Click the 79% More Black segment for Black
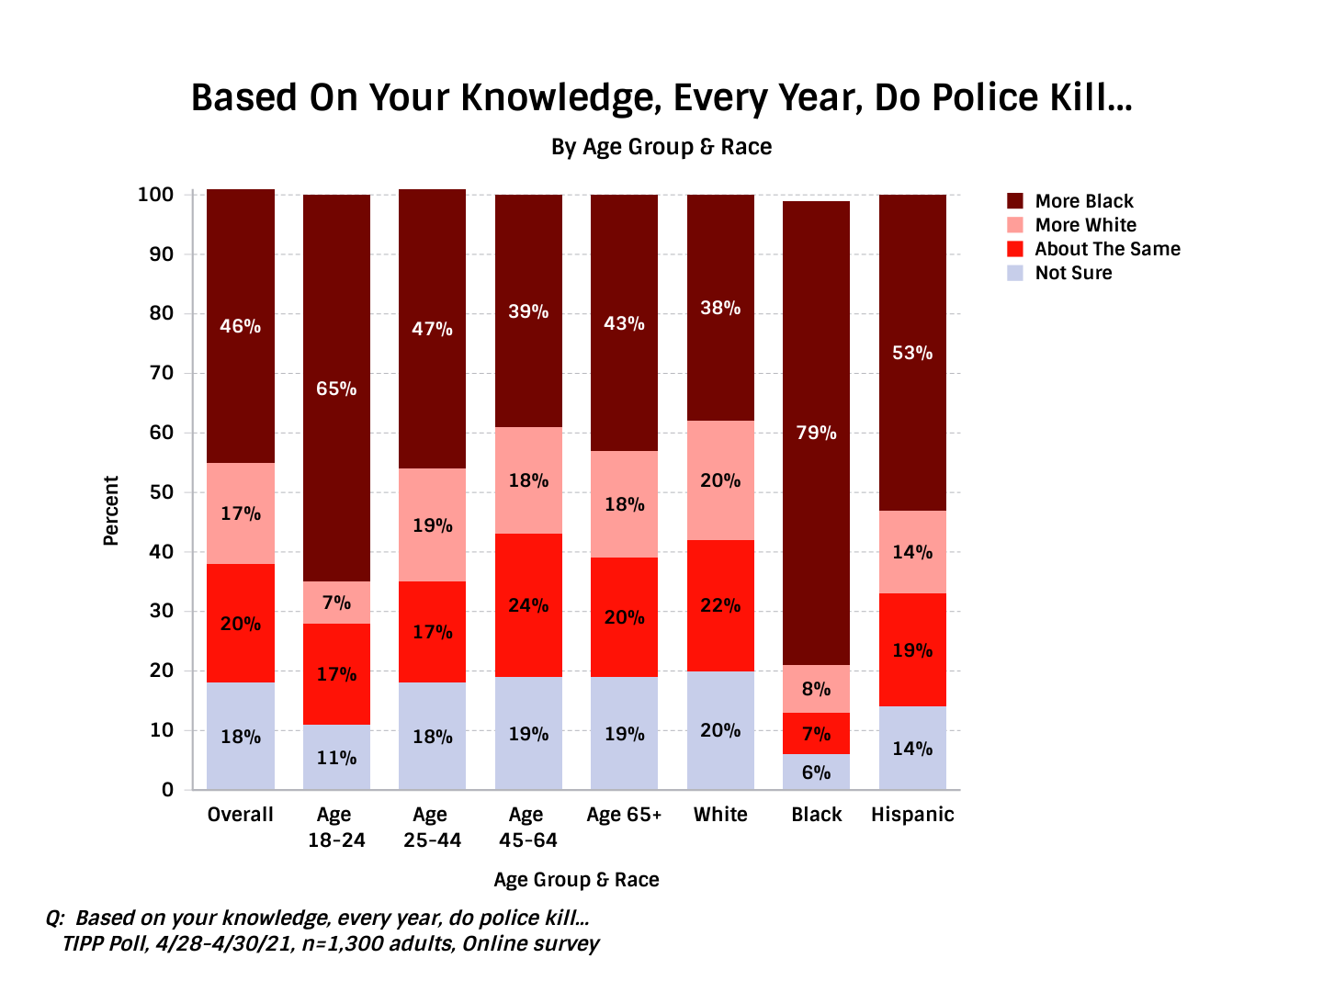[x=816, y=433]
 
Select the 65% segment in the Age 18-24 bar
[x=336, y=389]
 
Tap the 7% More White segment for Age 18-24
[x=336, y=603]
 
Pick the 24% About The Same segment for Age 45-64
[x=528, y=605]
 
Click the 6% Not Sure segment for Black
[x=816, y=772]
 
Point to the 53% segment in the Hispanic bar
[x=912, y=353]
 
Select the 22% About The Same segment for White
[x=720, y=605]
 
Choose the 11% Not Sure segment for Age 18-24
[x=336, y=758]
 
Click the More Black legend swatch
[x=1015, y=201]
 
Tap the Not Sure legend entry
[x=1073, y=273]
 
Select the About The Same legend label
[x=1107, y=249]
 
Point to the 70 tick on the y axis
[x=161, y=373]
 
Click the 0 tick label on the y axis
[x=167, y=790]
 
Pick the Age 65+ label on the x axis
[x=624, y=815]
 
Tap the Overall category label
[x=240, y=815]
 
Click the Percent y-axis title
[x=111, y=511]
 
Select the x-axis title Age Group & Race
[x=576, y=880]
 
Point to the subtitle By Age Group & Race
[x=661, y=147]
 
